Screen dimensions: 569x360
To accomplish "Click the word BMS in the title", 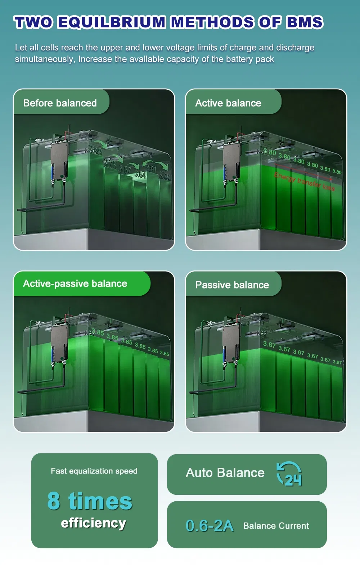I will pyautogui.click(x=305, y=22).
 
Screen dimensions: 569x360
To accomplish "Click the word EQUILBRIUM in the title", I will pyautogui.click(x=111, y=22).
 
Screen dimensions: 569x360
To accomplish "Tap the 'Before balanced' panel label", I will pyautogui.click(x=60, y=103).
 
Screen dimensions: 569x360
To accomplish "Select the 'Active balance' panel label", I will pyautogui.click(x=228, y=103).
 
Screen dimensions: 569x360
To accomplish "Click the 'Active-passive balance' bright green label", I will pyautogui.click(x=75, y=284).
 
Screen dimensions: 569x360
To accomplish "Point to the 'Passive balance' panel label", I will pyautogui.click(x=232, y=285).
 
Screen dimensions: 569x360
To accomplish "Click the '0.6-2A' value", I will pyautogui.click(x=210, y=526).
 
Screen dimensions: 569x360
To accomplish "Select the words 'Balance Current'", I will pyautogui.click(x=276, y=526).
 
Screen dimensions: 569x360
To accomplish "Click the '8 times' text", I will pyautogui.click(x=90, y=501).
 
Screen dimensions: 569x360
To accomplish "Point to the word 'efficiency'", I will pyautogui.click(x=94, y=523).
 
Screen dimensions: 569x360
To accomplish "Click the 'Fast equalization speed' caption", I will pyautogui.click(x=94, y=471).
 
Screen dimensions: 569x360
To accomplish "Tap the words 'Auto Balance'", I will pyautogui.click(x=225, y=472).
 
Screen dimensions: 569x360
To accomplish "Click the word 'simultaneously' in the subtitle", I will pyautogui.click(x=45, y=59).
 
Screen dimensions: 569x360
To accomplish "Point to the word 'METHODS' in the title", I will pyautogui.click(x=212, y=22).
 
